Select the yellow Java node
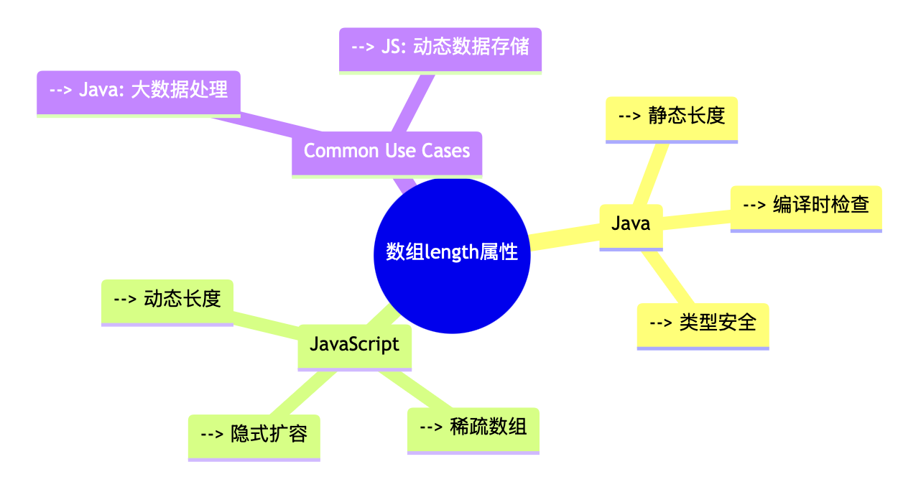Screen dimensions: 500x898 (x=631, y=224)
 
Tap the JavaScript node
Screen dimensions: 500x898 (x=354, y=344)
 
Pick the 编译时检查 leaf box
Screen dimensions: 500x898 (x=806, y=205)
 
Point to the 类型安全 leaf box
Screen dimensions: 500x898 (x=703, y=323)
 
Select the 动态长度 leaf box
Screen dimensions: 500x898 (x=167, y=300)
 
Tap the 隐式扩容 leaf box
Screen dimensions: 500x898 (x=254, y=435)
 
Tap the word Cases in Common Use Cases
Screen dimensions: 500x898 (x=446, y=151)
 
